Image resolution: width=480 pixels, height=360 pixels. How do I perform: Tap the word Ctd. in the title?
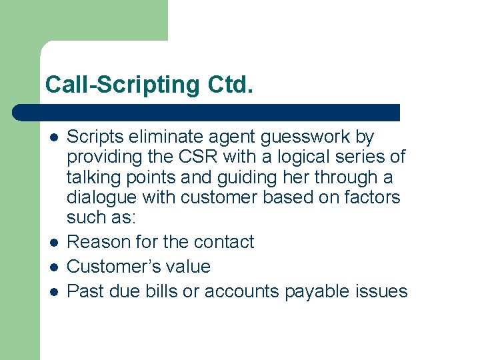point(231,85)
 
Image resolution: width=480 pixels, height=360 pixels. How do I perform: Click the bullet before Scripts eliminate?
point(53,137)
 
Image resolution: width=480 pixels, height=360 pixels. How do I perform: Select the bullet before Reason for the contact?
point(53,241)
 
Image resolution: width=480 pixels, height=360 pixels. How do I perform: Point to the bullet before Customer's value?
point(53,266)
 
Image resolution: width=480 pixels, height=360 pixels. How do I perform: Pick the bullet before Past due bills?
point(53,291)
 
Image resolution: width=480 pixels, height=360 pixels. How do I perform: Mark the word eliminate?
point(166,137)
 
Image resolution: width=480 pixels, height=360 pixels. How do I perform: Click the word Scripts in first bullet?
point(93,137)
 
